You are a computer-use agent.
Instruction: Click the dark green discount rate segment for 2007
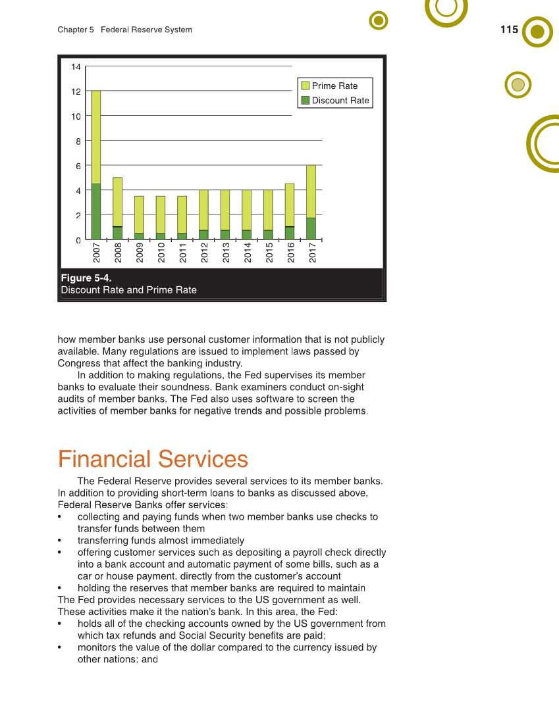96,212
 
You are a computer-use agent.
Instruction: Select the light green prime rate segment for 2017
311,191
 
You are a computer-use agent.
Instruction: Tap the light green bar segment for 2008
117,202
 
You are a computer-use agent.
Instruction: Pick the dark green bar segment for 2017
311,229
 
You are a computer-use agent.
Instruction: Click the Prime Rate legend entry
334,86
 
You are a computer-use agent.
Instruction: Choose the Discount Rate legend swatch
305,101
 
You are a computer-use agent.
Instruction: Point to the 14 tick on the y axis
76,67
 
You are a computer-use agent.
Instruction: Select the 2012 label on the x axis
204,253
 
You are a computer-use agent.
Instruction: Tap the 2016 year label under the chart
290,253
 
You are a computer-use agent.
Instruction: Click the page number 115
509,30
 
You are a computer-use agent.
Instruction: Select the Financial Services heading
153,459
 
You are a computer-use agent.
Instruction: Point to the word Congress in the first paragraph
78,363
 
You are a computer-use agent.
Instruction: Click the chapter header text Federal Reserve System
146,30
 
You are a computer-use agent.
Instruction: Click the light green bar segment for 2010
160,214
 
